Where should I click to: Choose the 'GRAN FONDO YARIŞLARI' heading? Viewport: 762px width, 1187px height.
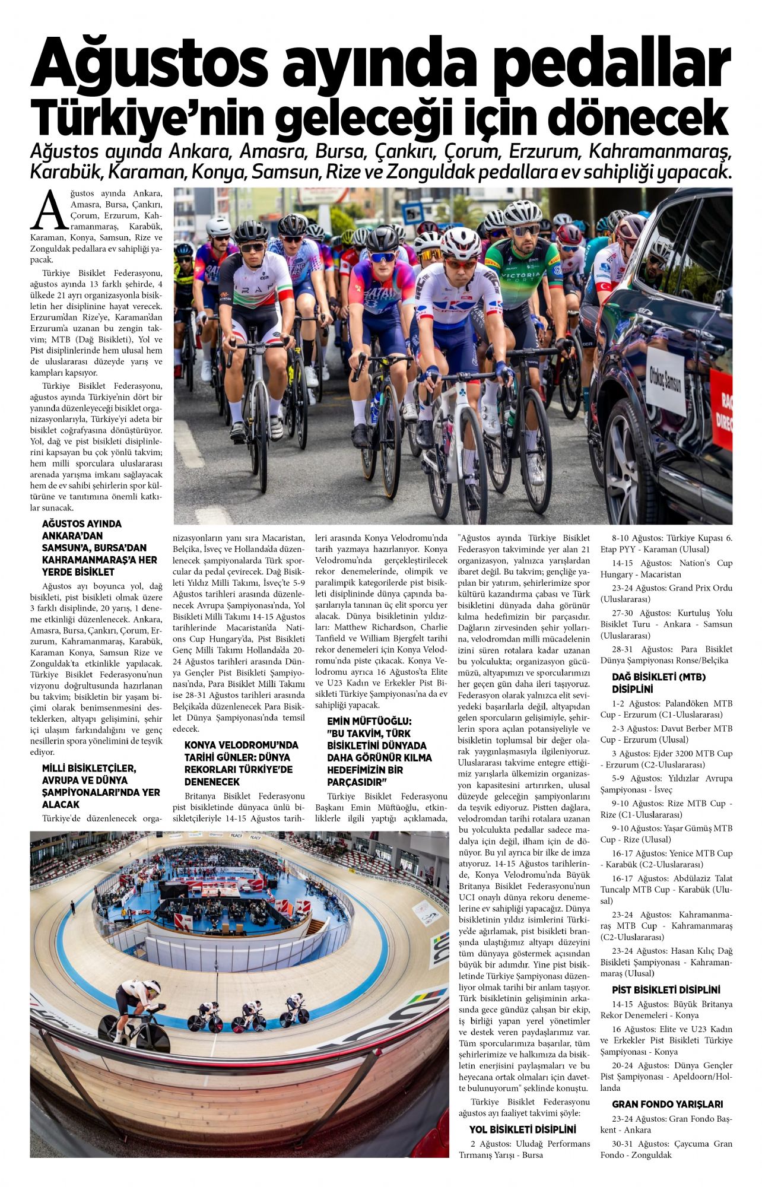[667, 1104]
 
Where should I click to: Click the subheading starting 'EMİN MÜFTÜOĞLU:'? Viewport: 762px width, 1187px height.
[379, 751]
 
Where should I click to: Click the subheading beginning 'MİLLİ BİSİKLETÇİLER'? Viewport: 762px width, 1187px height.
[101, 786]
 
